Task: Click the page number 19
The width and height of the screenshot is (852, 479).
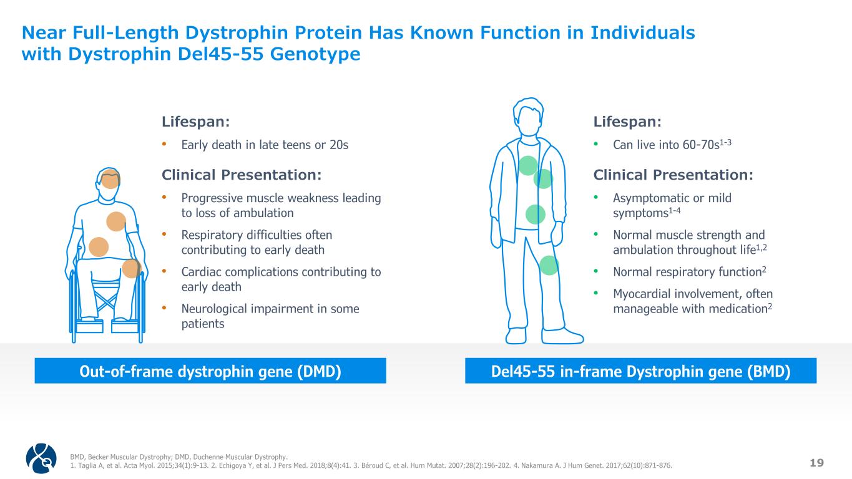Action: click(x=816, y=463)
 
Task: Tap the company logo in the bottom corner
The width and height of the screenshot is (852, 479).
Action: click(x=41, y=458)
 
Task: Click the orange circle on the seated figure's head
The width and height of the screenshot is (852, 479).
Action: click(x=110, y=178)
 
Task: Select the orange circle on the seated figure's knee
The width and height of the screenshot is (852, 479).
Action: click(x=131, y=268)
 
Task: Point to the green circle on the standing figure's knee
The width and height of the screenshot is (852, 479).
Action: click(x=549, y=265)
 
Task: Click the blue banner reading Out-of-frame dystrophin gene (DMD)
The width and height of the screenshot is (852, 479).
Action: click(x=210, y=370)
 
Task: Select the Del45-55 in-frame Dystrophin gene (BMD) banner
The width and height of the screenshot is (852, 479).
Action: click(x=641, y=370)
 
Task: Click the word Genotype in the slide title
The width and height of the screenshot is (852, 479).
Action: click(x=315, y=54)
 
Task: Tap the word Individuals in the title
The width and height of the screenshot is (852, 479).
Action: click(x=643, y=32)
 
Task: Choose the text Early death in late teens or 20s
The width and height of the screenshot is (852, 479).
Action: click(x=265, y=145)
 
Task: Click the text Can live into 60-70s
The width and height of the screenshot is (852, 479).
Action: click(x=667, y=145)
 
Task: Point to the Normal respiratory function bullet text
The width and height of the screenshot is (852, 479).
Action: click(x=687, y=272)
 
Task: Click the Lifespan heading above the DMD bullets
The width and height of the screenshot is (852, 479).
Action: click(x=195, y=122)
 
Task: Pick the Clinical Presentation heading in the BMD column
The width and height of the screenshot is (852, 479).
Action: click(x=673, y=175)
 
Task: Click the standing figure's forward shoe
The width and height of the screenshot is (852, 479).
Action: click(x=562, y=336)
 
